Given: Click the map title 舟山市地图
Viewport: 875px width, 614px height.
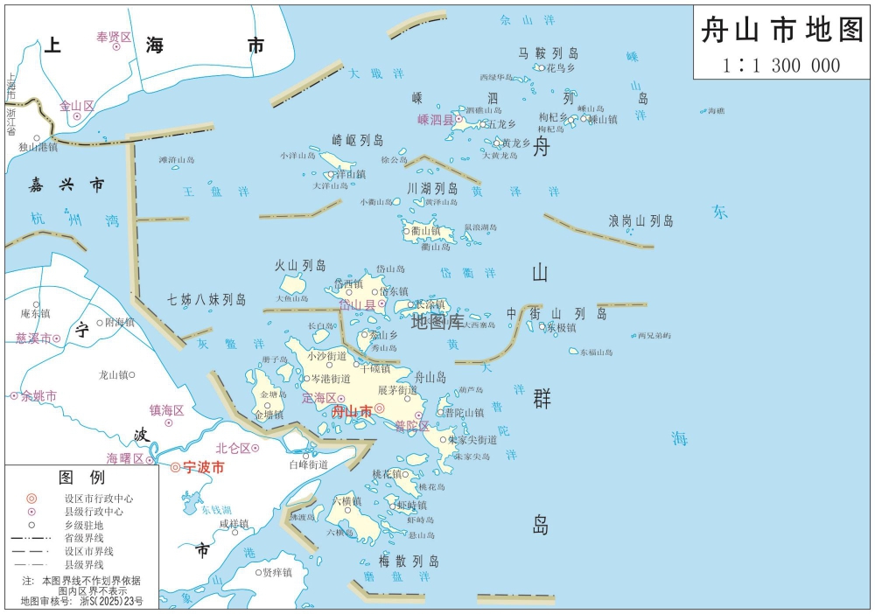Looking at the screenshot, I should click(781, 31).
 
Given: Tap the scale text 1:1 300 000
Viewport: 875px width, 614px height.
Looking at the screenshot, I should click(781, 65).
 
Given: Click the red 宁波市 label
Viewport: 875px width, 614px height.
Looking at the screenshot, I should click(204, 467).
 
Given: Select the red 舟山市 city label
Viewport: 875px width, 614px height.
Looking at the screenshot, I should click(353, 410).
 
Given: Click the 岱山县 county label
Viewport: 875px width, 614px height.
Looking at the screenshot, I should click(356, 305).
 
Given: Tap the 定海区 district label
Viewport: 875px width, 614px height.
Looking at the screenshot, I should click(318, 398).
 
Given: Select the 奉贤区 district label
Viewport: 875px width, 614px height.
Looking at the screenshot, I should click(114, 37).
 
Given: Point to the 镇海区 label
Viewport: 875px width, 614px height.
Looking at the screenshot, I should click(166, 410).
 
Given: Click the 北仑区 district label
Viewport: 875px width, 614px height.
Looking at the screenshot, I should click(233, 448).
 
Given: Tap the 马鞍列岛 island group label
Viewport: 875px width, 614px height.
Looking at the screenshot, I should click(549, 53).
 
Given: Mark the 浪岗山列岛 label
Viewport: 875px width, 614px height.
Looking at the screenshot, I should click(640, 221).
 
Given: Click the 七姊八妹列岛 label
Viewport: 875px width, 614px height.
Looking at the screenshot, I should click(206, 299).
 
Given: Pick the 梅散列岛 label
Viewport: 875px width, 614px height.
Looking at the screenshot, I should click(409, 561).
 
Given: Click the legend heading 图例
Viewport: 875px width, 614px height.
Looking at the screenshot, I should click(81, 478).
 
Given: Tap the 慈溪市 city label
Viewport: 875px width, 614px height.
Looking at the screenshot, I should click(32, 338).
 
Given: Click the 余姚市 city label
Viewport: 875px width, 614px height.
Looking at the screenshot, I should click(39, 396).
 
